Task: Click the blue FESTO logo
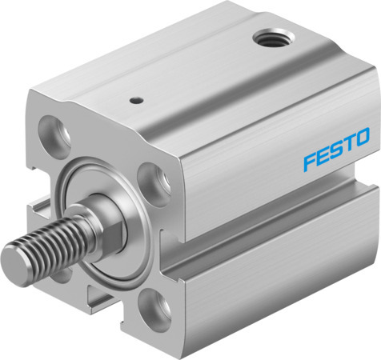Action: pyautogui.click(x=337, y=149)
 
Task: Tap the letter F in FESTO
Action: pyautogui.click(x=310, y=162)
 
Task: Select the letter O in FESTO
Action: pyautogui.click(x=363, y=137)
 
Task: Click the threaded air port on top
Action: pyautogui.click(x=274, y=38)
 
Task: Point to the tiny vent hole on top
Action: pyautogui.click(x=137, y=101)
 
